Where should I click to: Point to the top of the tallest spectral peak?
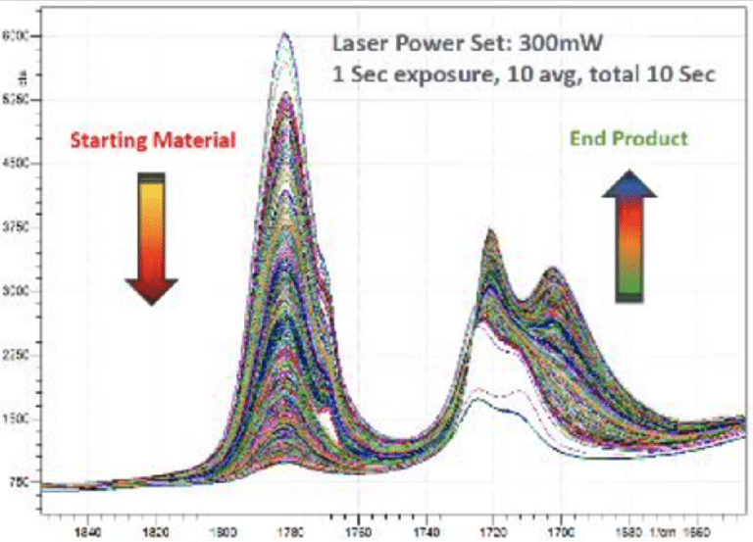coord(284,34)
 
